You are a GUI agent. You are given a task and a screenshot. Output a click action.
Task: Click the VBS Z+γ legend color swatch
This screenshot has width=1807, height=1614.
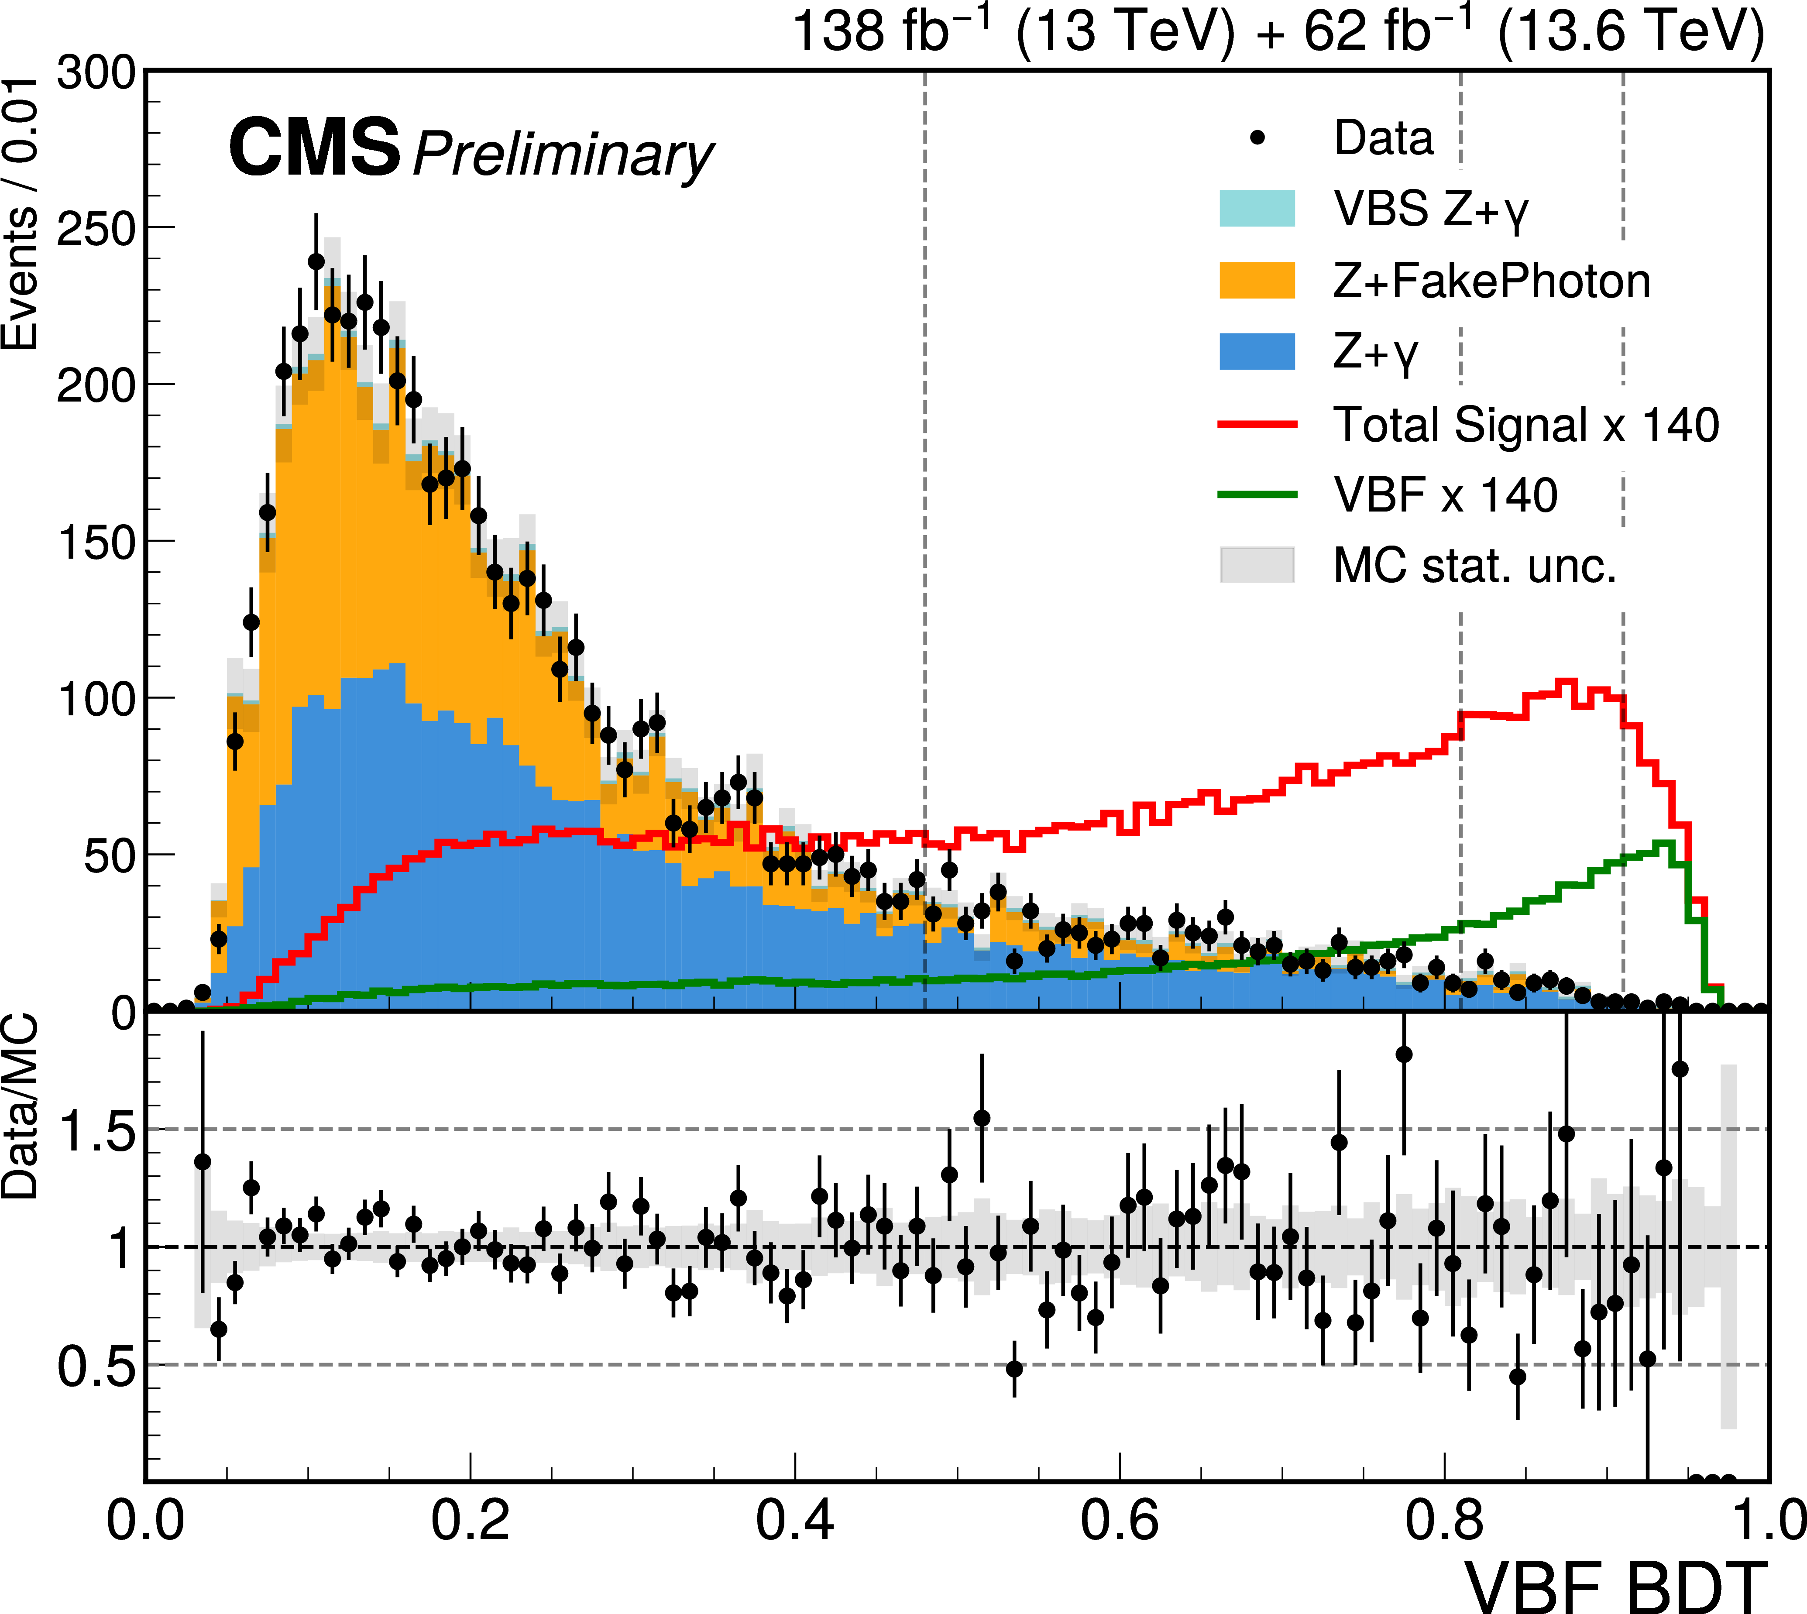pyautogui.click(x=1257, y=208)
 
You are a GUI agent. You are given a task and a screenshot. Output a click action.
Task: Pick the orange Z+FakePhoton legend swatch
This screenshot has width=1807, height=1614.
pyautogui.click(x=1257, y=280)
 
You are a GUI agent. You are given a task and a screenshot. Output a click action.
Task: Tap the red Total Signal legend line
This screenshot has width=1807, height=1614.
pyautogui.click(x=1257, y=424)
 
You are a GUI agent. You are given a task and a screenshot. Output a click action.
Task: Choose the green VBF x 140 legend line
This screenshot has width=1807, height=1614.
pyautogui.click(x=1257, y=495)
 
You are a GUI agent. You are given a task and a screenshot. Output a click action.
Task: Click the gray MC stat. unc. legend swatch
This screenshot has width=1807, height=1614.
pyautogui.click(x=1257, y=565)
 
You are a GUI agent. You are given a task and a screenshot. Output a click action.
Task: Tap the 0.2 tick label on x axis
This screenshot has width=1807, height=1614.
pyautogui.click(x=470, y=1519)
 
